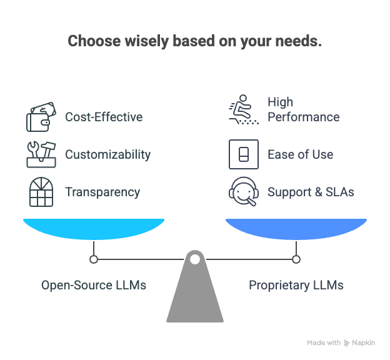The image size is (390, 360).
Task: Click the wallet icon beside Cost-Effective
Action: click(x=41, y=117)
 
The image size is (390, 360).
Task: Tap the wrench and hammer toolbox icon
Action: click(x=41, y=154)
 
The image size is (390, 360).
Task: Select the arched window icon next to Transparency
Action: click(x=41, y=192)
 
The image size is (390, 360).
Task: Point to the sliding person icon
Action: click(x=244, y=109)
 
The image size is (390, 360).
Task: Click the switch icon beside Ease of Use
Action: click(x=244, y=154)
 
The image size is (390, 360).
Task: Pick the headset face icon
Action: click(x=244, y=192)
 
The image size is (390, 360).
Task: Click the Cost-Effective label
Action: click(x=104, y=117)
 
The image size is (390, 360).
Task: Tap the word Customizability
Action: click(x=108, y=155)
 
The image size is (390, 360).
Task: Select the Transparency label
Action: click(x=102, y=192)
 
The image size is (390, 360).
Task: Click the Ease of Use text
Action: click(x=301, y=154)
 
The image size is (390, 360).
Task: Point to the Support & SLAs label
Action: click(x=311, y=192)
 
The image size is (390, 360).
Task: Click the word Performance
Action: click(x=304, y=117)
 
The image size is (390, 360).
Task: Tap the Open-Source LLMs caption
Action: click(x=94, y=285)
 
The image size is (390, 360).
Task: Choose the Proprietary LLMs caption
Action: click(x=296, y=286)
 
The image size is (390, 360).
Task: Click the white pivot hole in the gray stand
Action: click(x=195, y=259)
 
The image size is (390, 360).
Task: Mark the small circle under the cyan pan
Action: click(x=94, y=259)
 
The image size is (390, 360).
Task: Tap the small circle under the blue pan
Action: click(x=296, y=259)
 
